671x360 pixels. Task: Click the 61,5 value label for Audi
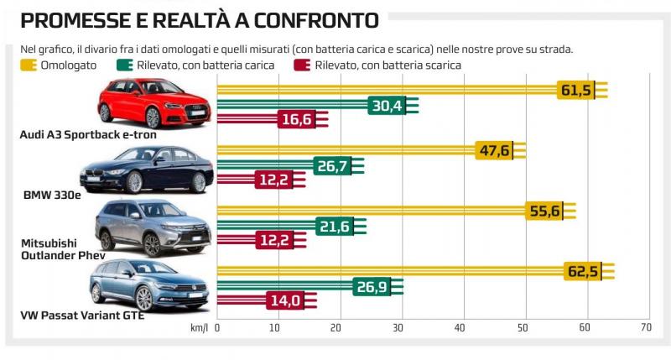[575, 90]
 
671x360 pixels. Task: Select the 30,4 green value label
[386, 105]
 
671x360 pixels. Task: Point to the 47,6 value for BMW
[493, 151]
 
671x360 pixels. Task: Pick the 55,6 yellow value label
[544, 211]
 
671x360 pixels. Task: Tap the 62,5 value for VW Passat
[583, 272]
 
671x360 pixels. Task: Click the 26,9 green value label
[371, 287]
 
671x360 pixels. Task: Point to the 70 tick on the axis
[645, 327]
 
